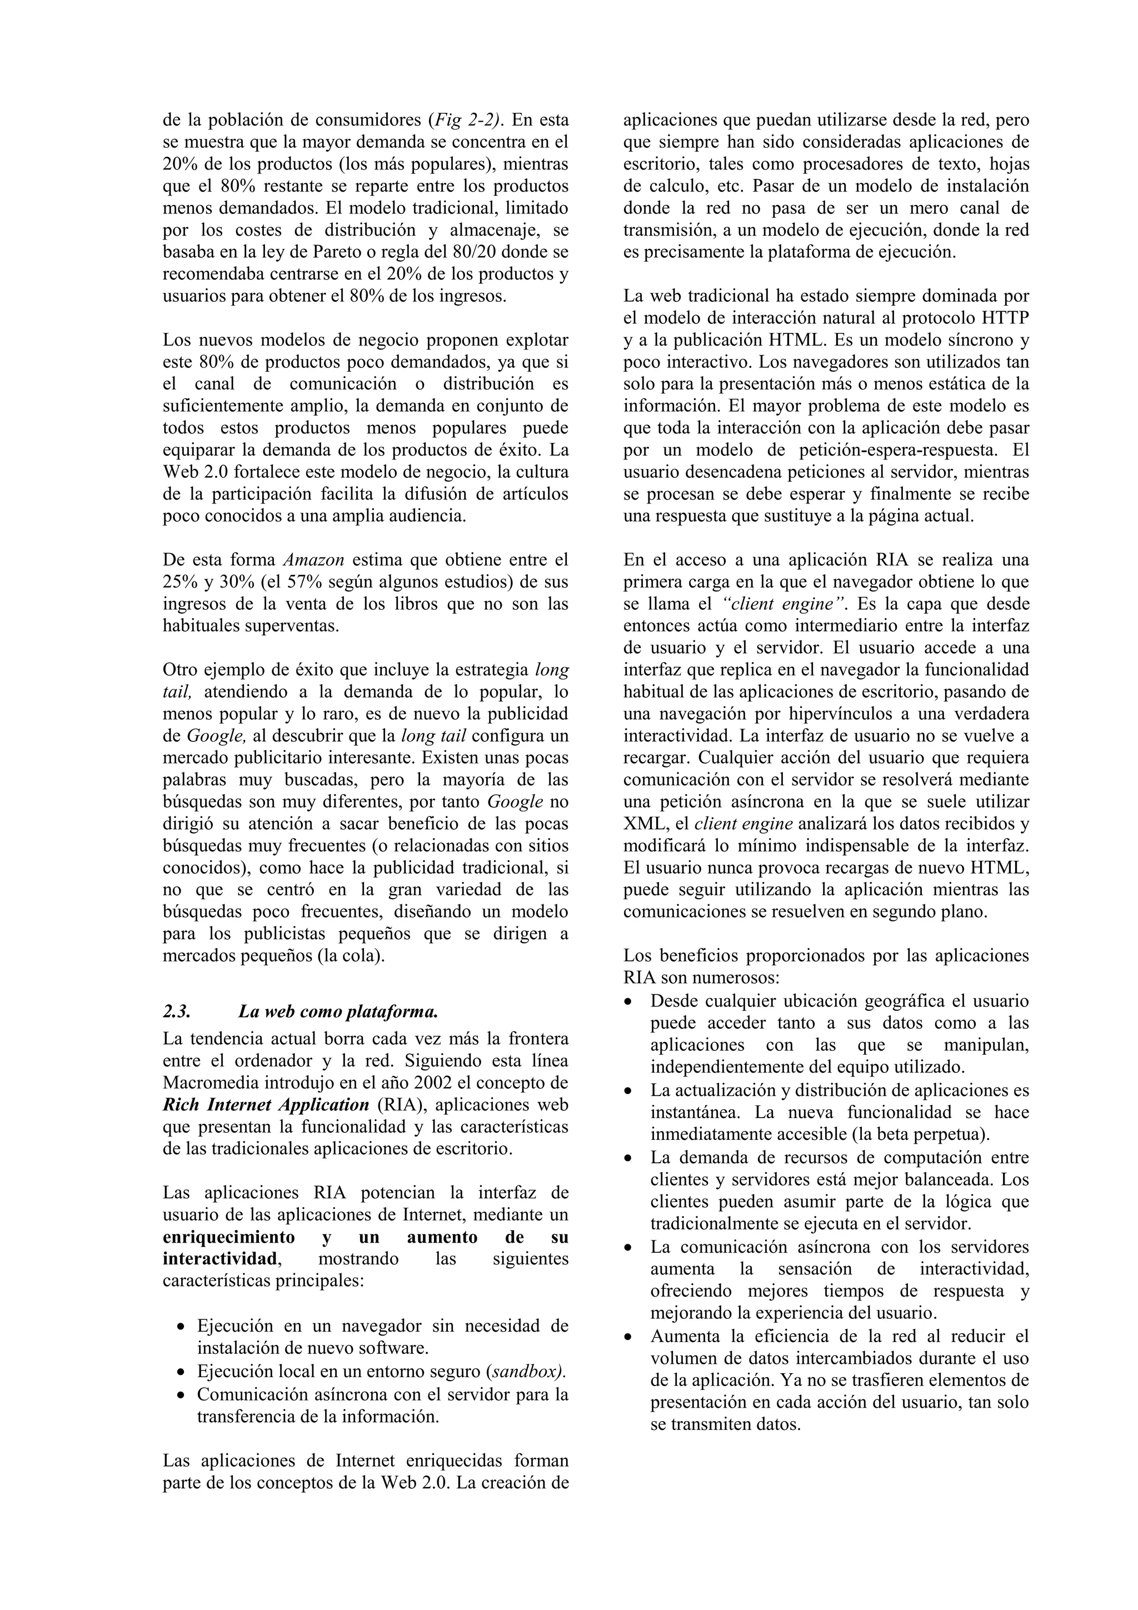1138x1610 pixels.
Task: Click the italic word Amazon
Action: [313, 560]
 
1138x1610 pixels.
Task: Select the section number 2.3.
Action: [176, 1012]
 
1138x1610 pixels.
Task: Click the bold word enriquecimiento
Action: [228, 1237]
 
